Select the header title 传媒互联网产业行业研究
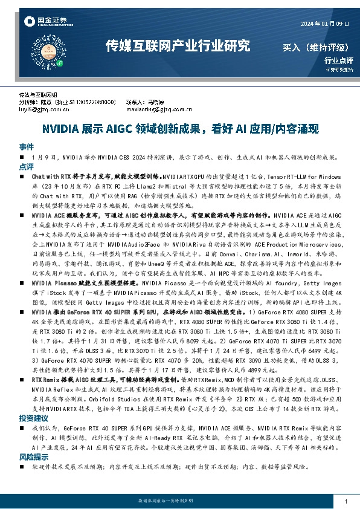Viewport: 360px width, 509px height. tap(178, 46)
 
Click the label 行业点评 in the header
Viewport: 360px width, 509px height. tap(338, 60)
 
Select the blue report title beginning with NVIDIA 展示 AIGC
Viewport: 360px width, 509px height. tap(179, 129)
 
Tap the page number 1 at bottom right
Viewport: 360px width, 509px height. tap(345, 502)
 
